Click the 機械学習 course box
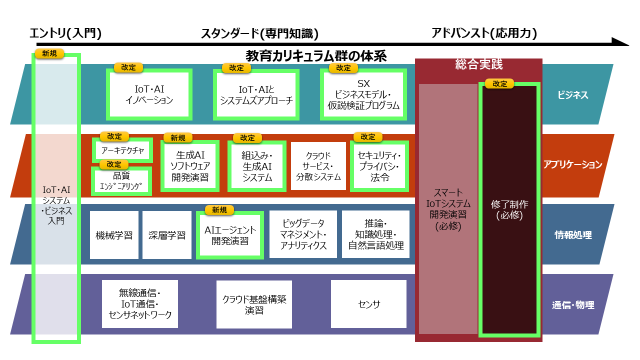(114, 235)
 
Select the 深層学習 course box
(167, 235)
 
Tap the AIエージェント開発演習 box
(230, 235)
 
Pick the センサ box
(369, 304)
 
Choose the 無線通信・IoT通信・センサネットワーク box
(140, 304)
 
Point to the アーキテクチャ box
(122, 150)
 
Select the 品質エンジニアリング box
(121, 181)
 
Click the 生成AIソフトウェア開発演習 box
(190, 165)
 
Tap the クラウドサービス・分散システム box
(318, 166)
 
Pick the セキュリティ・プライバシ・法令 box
(379, 166)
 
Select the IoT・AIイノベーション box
(149, 94)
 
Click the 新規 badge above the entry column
(49, 53)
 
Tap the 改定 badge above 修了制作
(499, 84)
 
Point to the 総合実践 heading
(478, 64)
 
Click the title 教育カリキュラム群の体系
(316, 55)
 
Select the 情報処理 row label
(573, 234)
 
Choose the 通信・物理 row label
(573, 304)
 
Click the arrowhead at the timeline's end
(621, 42)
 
